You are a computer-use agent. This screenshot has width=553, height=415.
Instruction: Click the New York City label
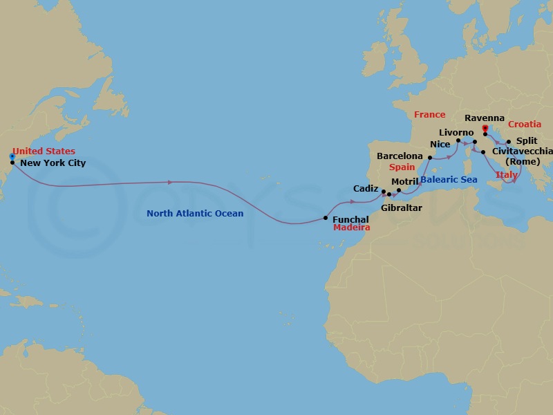[x=53, y=163]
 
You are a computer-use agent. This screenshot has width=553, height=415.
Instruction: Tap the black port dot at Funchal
[x=326, y=218]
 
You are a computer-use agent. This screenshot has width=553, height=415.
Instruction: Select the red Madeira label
[x=352, y=228]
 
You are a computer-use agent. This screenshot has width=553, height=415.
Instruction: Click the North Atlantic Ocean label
[x=195, y=213]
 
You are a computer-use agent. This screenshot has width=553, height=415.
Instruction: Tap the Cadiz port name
[x=365, y=188]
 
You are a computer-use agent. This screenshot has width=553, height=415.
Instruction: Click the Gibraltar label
[x=401, y=207]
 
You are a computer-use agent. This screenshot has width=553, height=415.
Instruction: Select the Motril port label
[x=405, y=181]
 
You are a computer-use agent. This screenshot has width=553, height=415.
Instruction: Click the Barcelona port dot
[x=429, y=158]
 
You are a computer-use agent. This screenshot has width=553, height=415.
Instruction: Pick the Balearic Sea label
[x=449, y=179]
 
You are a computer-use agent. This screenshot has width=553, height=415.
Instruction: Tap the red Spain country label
[x=402, y=167]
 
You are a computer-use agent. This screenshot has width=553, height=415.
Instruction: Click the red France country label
[x=429, y=115]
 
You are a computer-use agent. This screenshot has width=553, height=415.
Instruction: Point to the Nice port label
[x=440, y=145]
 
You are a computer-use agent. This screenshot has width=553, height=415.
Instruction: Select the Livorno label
[x=456, y=132]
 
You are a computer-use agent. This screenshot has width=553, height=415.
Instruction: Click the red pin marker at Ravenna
[x=485, y=129]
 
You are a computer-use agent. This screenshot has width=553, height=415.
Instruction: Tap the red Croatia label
[x=525, y=124]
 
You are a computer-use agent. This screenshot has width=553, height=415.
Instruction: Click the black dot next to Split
[x=508, y=142]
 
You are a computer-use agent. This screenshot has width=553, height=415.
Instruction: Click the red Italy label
[x=506, y=175]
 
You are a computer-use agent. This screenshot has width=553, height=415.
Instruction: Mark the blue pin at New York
[x=12, y=157]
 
